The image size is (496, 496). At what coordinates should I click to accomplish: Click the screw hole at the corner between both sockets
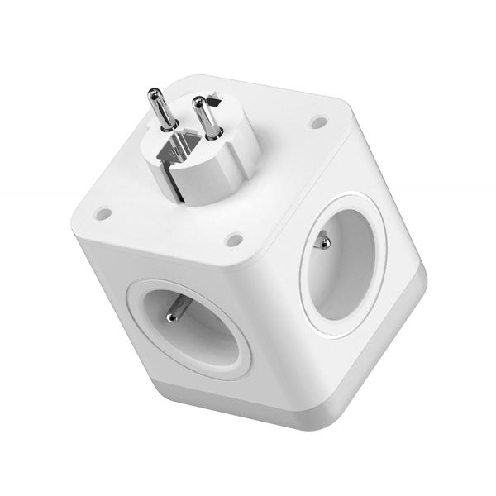pyautogui.click(x=235, y=240)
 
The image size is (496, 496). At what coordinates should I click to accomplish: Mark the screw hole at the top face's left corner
pyautogui.click(x=103, y=213)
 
